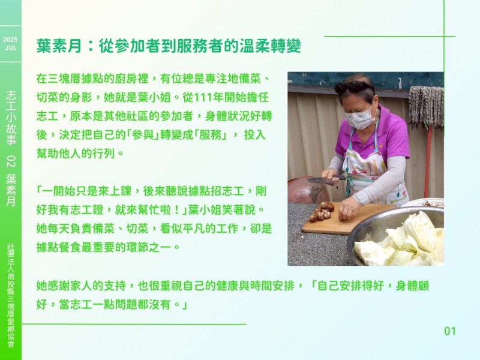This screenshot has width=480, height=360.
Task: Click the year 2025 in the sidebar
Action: coord(10,40)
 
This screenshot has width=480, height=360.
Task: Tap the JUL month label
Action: coord(11,48)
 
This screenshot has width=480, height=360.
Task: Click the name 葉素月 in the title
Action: coord(59,46)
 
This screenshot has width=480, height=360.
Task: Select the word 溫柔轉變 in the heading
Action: coord(271,46)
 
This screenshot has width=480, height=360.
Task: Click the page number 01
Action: coord(450,331)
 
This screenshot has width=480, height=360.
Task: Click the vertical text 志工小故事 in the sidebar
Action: coord(11,118)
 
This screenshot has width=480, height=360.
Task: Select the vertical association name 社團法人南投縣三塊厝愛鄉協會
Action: coord(11,296)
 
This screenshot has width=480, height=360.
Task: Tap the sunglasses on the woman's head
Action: coord(353,87)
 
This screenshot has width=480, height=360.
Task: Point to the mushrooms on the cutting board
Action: coord(322,212)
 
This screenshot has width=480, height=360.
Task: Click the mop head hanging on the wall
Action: coord(426,106)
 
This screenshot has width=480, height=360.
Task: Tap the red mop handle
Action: coord(428,162)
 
